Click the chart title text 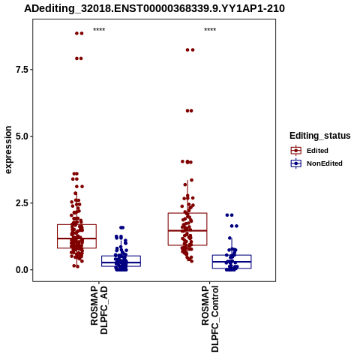point(154,8)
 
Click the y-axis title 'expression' point(8,150)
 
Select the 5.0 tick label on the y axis point(22,136)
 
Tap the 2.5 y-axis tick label point(22,203)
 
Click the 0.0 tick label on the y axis point(22,270)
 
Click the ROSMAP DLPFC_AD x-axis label point(99,310)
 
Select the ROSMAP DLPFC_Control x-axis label point(210,319)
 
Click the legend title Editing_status point(320,136)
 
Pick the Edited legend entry point(310,151)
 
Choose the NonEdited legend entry point(316,163)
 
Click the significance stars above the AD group point(99,30)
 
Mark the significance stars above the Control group point(210,30)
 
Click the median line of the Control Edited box point(187,230)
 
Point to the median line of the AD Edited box point(76,238)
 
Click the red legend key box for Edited point(296,151)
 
